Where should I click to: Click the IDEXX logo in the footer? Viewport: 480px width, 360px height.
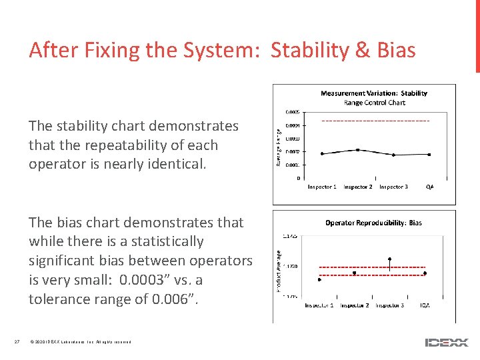446,342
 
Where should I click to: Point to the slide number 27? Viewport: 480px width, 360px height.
17,342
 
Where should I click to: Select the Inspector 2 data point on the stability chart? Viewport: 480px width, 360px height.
358,150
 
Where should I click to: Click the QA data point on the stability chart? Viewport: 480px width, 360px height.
429,155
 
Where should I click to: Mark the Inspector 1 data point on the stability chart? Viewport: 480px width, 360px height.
322,154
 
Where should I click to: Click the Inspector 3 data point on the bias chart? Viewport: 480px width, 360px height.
390,259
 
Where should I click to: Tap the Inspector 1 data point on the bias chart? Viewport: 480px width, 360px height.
320,280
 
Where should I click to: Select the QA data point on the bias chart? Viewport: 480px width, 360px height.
425,273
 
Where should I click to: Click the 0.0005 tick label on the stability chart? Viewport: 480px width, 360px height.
292,112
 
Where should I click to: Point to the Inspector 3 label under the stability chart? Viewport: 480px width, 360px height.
393,187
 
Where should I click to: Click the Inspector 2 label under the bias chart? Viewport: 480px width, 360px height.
355,305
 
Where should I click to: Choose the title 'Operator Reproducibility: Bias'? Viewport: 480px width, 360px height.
373,223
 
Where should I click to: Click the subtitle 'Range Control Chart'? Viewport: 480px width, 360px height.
374,103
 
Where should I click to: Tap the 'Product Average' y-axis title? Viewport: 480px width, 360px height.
279,271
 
